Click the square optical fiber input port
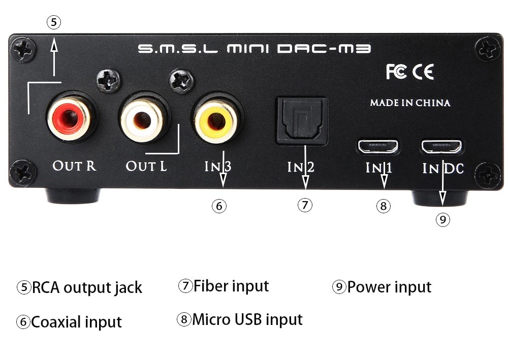pos(301,121)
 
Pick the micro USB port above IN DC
pos(441,147)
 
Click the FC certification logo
pos(396,73)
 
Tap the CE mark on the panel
pos(423,73)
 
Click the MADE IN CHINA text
pos(410,103)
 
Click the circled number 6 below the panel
pos(219,206)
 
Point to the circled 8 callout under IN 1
pos(384,206)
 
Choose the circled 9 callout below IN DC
pos(443,219)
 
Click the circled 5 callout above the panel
pos(54,22)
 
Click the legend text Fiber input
pos(231,286)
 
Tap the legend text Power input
pos(389,287)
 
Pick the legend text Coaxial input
pos(76,322)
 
